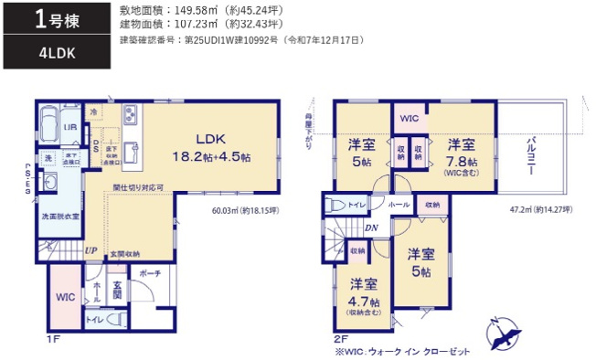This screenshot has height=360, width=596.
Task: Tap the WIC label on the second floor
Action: coord(410,119)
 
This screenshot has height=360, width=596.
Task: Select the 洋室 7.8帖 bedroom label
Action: coord(461,152)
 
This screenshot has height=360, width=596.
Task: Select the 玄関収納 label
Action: coord(126,253)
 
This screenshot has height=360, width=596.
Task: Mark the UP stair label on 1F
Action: coord(90,249)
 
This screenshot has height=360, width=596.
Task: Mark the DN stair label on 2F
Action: coord(373,228)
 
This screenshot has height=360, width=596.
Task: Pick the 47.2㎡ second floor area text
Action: coord(540,209)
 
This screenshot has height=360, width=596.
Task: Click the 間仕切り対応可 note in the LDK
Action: coord(138,188)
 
